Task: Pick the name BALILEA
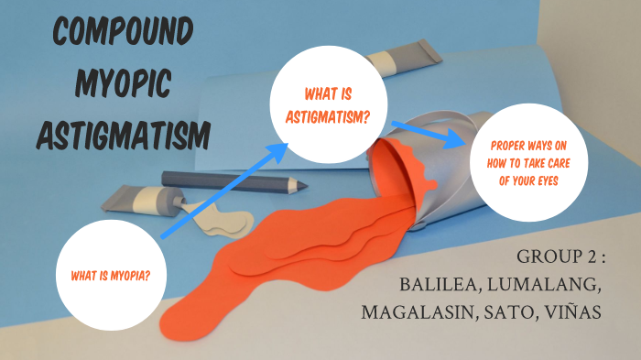(x=443, y=284)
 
